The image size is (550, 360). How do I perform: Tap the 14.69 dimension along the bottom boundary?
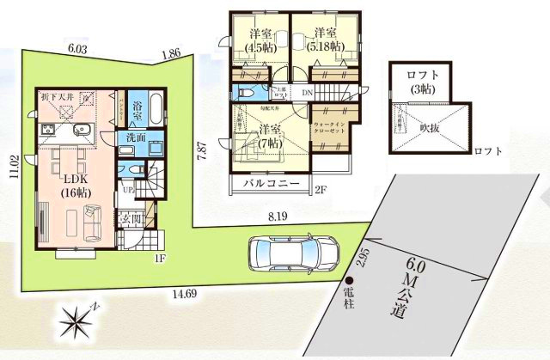[x=176, y=293]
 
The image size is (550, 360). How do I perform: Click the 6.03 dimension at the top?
[x=78, y=50]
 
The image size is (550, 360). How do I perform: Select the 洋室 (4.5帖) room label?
[x=257, y=40]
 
